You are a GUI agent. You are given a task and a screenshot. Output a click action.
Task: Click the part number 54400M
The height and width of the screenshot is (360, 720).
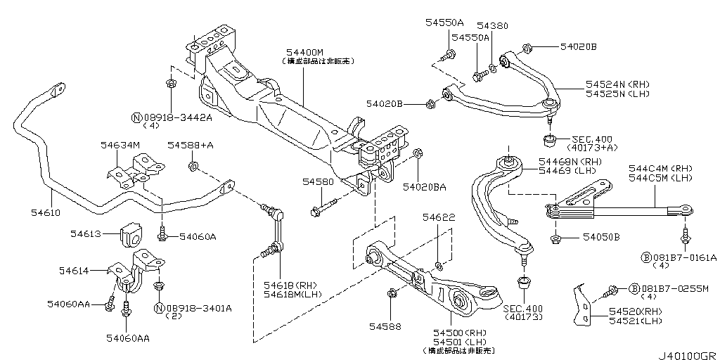click(x=305, y=53)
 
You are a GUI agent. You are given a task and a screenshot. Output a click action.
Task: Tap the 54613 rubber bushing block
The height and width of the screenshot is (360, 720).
click(x=131, y=236)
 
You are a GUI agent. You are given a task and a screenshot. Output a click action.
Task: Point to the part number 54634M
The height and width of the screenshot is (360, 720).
click(x=120, y=146)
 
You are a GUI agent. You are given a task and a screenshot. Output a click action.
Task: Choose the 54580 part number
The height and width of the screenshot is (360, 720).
click(x=318, y=182)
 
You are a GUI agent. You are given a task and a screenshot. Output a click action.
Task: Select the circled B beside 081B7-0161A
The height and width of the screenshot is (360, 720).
click(x=645, y=257)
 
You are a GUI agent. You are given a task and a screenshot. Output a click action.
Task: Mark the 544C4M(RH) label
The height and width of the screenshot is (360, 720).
click(x=660, y=169)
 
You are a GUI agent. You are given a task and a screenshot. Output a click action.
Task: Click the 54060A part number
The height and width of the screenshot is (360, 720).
click(x=198, y=237)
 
